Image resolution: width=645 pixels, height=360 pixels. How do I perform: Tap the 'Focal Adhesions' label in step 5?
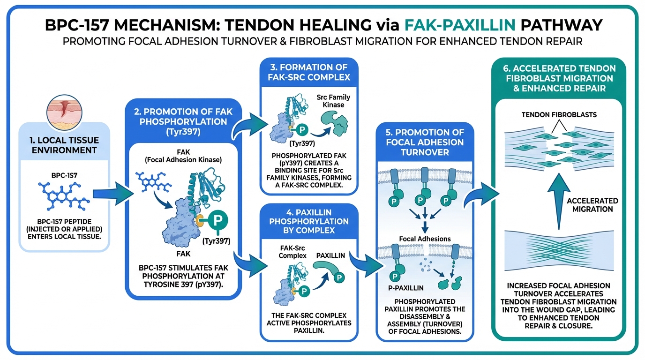tap(425, 239)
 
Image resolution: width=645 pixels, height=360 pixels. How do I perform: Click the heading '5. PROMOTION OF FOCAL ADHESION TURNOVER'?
tap(425, 142)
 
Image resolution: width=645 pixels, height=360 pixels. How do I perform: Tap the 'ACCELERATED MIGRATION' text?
tap(592, 205)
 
